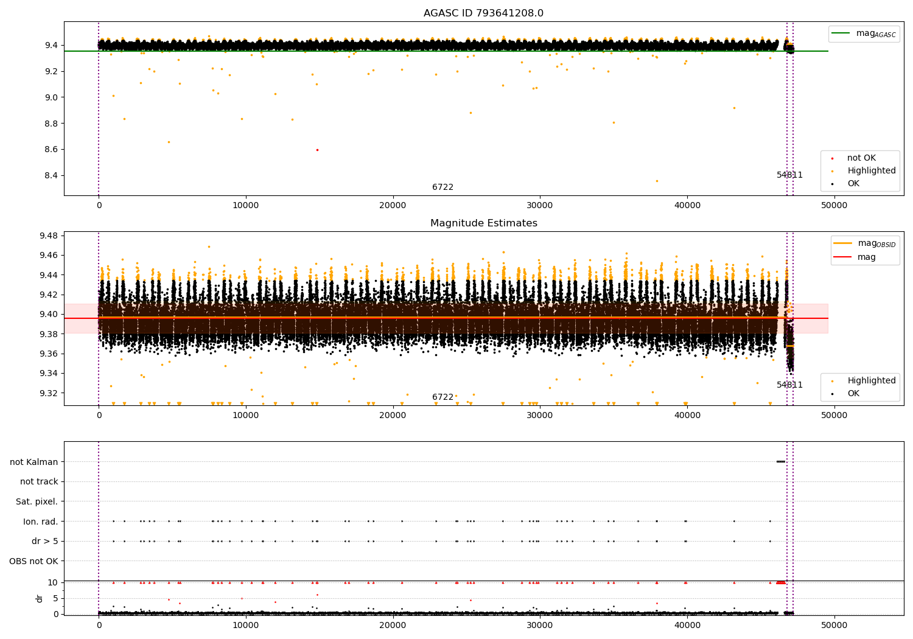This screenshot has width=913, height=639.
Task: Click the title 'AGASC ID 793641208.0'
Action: (483, 13)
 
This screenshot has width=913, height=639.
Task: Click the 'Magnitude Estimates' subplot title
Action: (483, 223)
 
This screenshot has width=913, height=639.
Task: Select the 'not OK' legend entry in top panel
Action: (861, 158)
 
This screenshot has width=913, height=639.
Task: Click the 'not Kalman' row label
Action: (33, 462)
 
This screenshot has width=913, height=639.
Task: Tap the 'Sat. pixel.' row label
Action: (37, 501)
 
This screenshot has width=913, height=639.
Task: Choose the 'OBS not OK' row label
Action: (33, 561)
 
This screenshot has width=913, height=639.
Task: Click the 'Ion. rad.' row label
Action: (40, 522)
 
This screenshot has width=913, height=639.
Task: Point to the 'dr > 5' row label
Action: (44, 541)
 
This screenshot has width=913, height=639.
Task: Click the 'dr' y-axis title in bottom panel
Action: (40, 598)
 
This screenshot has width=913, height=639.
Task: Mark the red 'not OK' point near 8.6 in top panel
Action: (317, 150)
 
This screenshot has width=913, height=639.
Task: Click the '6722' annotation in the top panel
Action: (443, 187)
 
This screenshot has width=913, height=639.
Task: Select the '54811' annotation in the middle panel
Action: (789, 385)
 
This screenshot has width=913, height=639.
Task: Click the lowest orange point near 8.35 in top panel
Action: (657, 181)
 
